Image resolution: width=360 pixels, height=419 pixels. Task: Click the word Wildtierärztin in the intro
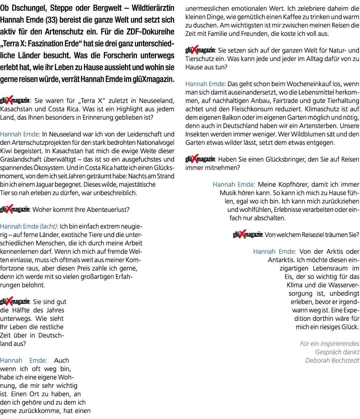[153, 8]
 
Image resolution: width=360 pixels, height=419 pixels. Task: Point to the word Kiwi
[6, 151]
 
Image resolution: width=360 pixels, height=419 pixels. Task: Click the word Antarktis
[282, 260]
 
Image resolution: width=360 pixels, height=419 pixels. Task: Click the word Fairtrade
[286, 101]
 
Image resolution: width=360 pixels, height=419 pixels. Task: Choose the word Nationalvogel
[155, 143]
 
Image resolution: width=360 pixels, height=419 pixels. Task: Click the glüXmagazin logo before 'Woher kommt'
[15, 209]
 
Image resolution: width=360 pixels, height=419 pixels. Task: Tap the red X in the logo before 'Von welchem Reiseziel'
[242, 234]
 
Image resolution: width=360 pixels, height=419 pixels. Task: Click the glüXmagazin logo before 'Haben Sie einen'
[200, 159]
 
